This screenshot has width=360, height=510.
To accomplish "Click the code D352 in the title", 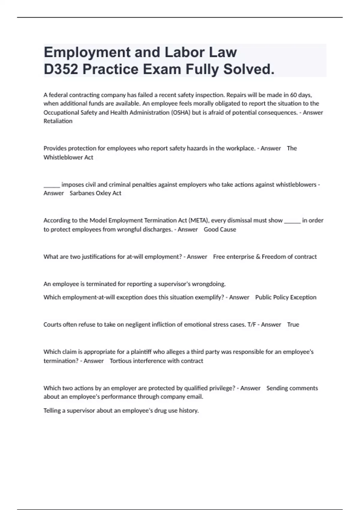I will pyautogui.click(x=61, y=69).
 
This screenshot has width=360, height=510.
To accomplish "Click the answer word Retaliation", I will pyautogui.click(x=58, y=121).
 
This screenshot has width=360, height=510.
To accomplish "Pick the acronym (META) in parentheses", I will pyautogui.click(x=199, y=220).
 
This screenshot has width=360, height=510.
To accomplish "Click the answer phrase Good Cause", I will pyautogui.click(x=220, y=229).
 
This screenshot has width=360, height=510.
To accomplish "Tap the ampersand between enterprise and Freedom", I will pyautogui.click(x=258, y=257).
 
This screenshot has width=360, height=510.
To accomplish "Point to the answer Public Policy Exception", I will pyautogui.click(x=286, y=297).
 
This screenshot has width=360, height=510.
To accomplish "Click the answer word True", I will pyautogui.click(x=293, y=325).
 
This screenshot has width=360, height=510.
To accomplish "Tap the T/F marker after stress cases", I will pyautogui.click(x=252, y=325).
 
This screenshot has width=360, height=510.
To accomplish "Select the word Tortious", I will pyautogui.click(x=120, y=361).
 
